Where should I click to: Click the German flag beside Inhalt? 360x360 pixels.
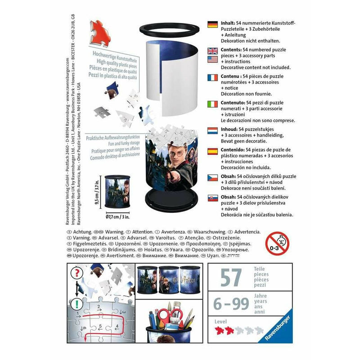pyautogui.click(x=212, y=24)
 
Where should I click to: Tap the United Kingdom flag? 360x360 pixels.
pyautogui.click(x=212, y=51)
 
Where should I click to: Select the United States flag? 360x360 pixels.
pyautogui.click(x=212, y=59)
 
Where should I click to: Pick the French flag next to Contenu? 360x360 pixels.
pyautogui.click(x=212, y=77)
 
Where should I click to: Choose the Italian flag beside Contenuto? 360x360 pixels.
pyautogui.click(x=212, y=104)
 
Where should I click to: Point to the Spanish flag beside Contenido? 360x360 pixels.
pyautogui.click(x=212, y=151)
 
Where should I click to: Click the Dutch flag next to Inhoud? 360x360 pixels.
pyautogui.click(x=212, y=131)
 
